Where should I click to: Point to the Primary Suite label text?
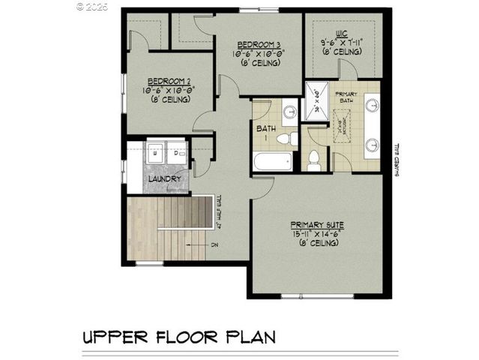(319, 224)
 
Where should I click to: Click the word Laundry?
(163, 178)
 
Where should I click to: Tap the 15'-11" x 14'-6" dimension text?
(319, 235)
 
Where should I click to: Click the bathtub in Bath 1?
(269, 161)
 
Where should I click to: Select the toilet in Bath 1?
(286, 139)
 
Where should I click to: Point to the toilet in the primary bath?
(314, 159)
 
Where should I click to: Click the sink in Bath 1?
(289, 113)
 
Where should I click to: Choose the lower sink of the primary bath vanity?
(372, 144)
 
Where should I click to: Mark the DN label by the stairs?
(214, 244)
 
